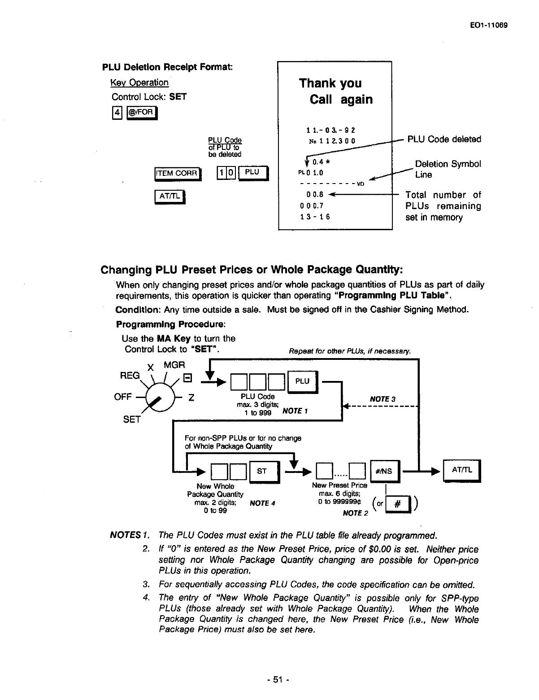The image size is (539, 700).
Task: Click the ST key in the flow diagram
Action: [263, 471]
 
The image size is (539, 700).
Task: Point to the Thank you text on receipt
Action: [330, 83]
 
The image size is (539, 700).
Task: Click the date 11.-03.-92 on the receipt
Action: [331, 131]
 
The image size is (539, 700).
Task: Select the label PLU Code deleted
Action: [443, 140]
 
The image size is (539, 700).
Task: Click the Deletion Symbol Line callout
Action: [448, 169]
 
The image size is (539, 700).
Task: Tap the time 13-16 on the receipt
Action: [315, 217]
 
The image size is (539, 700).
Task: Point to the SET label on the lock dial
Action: [132, 420]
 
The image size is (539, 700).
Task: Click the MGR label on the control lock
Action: [174, 365]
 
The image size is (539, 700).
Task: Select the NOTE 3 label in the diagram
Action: [383, 399]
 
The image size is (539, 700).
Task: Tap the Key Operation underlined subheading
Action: [139, 83]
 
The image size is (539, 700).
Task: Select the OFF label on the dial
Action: [123, 397]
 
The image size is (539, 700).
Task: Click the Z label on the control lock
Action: [191, 397]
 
